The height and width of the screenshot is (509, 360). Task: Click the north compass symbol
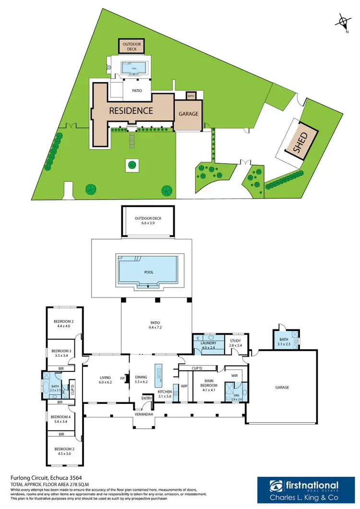point(343,22)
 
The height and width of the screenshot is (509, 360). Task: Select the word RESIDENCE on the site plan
point(131,111)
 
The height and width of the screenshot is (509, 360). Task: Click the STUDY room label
point(235,341)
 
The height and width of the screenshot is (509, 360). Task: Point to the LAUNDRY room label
point(208,343)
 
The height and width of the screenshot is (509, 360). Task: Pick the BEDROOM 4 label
point(60,417)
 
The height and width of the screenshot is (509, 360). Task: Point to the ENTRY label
point(146,398)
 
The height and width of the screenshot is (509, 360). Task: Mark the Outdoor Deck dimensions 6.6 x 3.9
point(148,223)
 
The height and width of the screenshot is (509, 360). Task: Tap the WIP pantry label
point(184,386)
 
